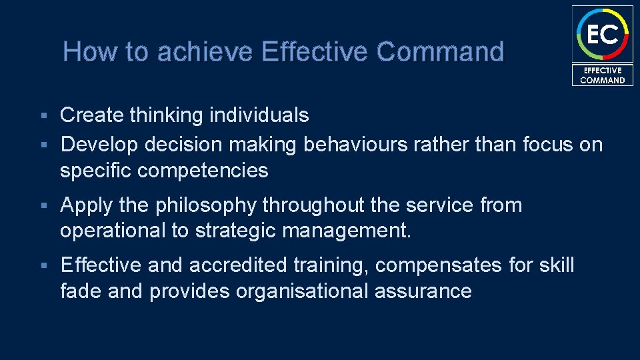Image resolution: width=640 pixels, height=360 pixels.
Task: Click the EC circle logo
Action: point(602,33)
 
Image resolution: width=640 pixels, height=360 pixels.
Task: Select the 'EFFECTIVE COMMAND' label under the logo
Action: point(602,75)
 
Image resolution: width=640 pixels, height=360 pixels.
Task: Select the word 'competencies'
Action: point(203,171)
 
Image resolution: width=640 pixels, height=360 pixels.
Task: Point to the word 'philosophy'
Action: point(206,206)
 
